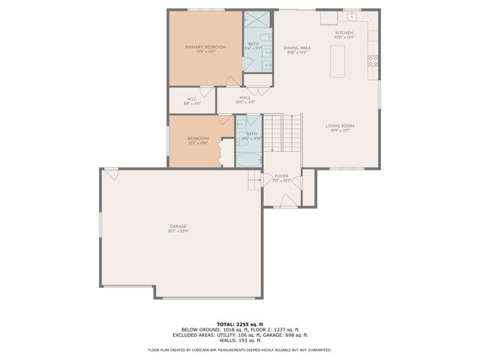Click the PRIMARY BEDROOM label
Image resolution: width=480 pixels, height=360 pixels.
click(205, 46)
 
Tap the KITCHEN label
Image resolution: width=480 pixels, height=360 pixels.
click(344, 33)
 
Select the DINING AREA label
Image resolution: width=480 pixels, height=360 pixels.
click(297, 48)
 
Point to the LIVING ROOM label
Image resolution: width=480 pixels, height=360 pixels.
click(340, 125)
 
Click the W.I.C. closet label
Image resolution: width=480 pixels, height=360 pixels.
click(191, 98)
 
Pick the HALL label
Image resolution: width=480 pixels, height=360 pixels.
click(245, 97)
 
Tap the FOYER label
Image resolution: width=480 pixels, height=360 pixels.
click(281, 176)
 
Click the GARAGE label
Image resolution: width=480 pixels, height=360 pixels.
click(178, 226)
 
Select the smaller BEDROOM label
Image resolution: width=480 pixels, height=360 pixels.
click(197, 138)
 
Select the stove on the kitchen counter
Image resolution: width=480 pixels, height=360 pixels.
click(371, 61)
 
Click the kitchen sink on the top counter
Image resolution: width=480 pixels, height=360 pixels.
click(350, 14)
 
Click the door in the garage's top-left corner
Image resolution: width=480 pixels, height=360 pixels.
click(111, 173)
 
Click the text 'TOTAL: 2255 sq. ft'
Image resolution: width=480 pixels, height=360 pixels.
click(240, 324)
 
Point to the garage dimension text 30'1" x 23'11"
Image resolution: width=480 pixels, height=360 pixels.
click(178, 231)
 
